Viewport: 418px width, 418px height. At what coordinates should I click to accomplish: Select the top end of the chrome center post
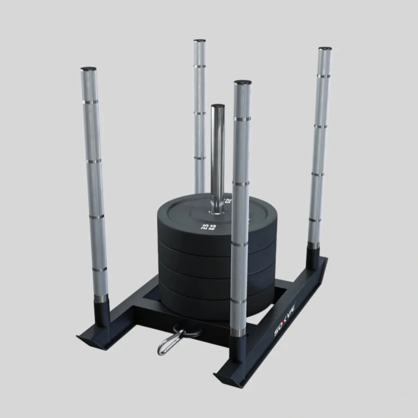[218, 107]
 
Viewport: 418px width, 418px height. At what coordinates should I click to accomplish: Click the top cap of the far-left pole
[88, 70]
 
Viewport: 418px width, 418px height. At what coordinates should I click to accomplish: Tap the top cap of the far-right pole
[325, 50]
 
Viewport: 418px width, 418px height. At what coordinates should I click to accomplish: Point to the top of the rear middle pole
[200, 41]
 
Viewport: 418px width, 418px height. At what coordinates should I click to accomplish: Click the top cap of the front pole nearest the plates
[243, 83]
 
